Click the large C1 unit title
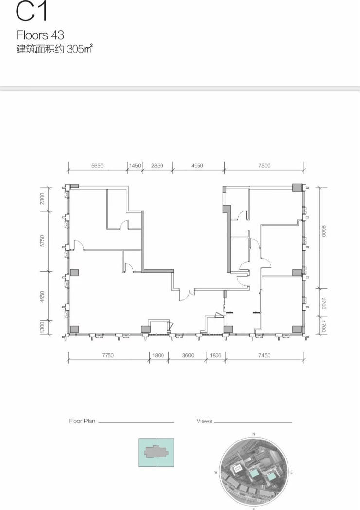[x=32, y=11]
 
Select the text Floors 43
[x=40, y=35]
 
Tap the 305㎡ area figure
[x=80, y=49]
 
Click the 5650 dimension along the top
[x=97, y=166]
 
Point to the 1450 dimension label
[x=135, y=166]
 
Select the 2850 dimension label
[x=157, y=166]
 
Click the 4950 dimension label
[x=197, y=166]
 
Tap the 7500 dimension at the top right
[x=264, y=166]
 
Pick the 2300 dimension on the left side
[x=42, y=199]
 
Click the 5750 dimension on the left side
[x=42, y=241]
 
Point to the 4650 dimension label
[x=42, y=297]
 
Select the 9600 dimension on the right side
[x=323, y=230]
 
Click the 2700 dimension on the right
[x=323, y=303]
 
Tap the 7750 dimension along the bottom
[x=108, y=355]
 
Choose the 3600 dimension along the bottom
[x=188, y=355]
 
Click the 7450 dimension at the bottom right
[x=264, y=355]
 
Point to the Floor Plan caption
[x=82, y=421]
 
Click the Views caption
[x=204, y=421]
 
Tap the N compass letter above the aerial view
[x=254, y=434]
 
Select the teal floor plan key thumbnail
[x=156, y=453]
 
